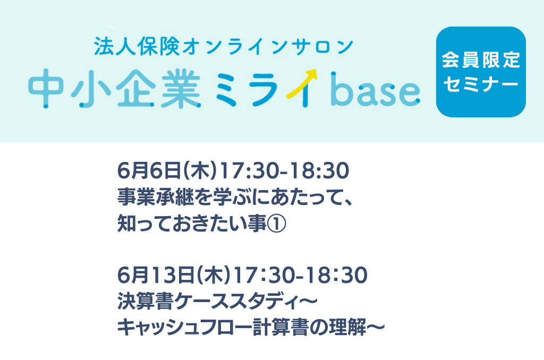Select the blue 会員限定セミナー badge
click(481, 72)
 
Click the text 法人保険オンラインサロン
click(224, 46)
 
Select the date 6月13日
click(157, 276)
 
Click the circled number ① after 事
click(276, 224)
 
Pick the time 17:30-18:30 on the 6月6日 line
click(285, 171)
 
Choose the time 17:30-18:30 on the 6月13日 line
click(301, 276)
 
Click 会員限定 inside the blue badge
click(481, 60)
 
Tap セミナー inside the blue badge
click(481, 84)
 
